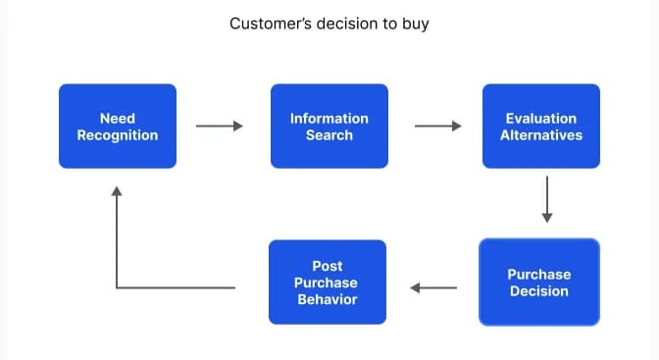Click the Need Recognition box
[118, 126]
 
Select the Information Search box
[329, 126]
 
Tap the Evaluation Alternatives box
[540, 126]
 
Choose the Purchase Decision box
[538, 283]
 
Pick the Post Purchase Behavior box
[328, 283]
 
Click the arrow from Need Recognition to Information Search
[219, 126]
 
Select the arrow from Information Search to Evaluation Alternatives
[437, 126]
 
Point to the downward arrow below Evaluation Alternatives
[547, 200]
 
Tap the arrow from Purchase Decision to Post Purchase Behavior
[433, 287]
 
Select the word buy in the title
[416, 23]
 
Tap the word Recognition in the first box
[118, 134]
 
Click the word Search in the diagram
[329, 134]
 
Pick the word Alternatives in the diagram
[540, 134]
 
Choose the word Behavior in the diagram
[328, 298]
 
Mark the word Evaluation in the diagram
[540, 118]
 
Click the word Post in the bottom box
[328, 266]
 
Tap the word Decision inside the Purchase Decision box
[538, 291]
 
